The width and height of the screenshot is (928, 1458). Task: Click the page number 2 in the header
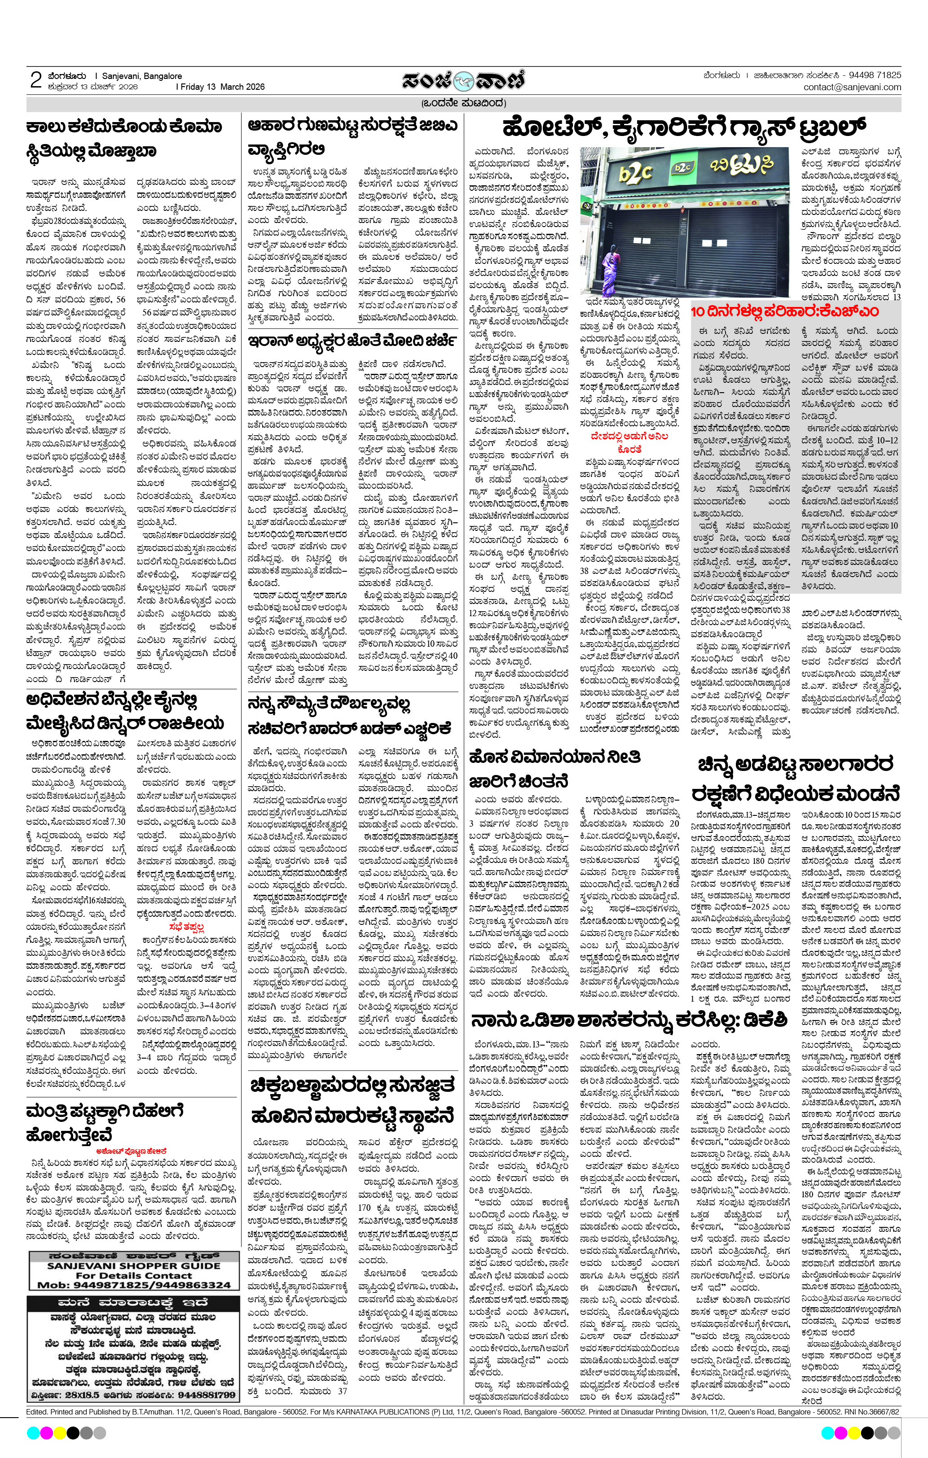click(x=36, y=80)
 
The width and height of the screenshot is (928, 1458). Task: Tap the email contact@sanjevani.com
click(x=852, y=87)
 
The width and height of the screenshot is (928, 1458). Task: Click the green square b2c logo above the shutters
click(x=682, y=166)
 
